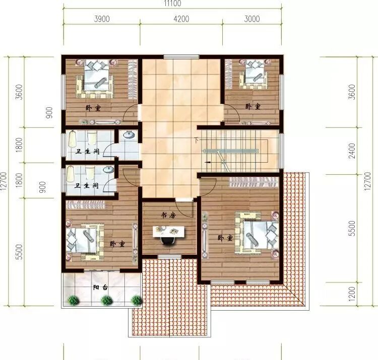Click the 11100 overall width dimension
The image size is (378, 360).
click(x=172, y=4)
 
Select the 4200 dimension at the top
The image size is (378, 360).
click(x=181, y=19)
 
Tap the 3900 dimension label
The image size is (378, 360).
click(x=102, y=19)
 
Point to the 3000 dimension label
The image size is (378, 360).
click(x=252, y=19)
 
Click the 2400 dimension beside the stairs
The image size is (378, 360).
click(x=352, y=151)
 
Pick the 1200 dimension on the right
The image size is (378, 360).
click(x=352, y=294)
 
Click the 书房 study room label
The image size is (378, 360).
click(x=168, y=215)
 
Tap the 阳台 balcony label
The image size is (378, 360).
click(x=100, y=287)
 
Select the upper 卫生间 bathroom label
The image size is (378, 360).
click(x=88, y=152)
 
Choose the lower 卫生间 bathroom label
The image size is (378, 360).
click(x=87, y=186)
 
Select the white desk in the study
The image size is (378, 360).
click(x=168, y=232)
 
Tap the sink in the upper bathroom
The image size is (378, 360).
click(x=129, y=134)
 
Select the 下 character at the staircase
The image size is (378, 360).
click(x=196, y=139)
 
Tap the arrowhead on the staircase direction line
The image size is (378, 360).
click(x=207, y=162)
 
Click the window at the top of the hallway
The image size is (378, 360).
click(x=181, y=57)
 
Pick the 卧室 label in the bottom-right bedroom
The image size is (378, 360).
click(x=225, y=238)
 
